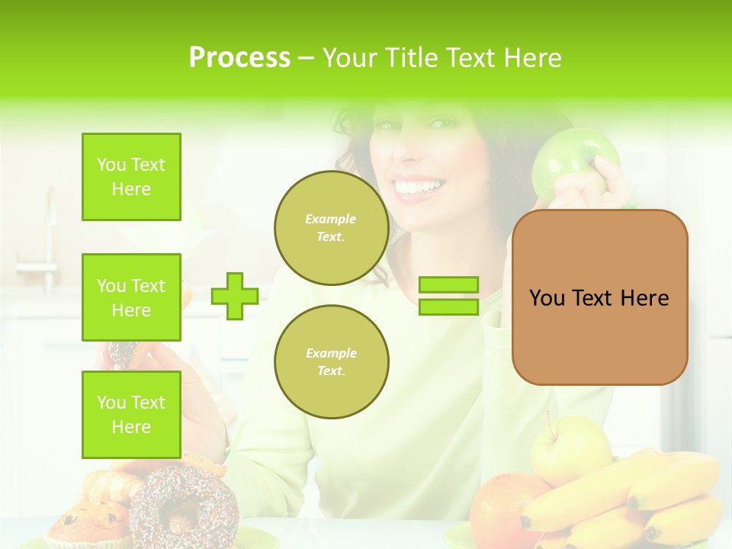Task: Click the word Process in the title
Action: (239, 58)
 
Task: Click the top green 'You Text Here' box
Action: (131, 177)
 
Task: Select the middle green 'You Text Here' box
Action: (131, 297)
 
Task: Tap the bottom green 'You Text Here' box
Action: (131, 414)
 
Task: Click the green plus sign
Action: (234, 296)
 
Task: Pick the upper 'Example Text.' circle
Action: (331, 228)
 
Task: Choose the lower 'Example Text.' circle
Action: (331, 362)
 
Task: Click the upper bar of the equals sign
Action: (448, 285)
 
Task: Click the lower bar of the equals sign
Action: (448, 307)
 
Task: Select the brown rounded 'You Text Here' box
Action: (599, 297)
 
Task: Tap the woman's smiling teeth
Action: (418, 187)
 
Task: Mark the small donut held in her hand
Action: (122, 352)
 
